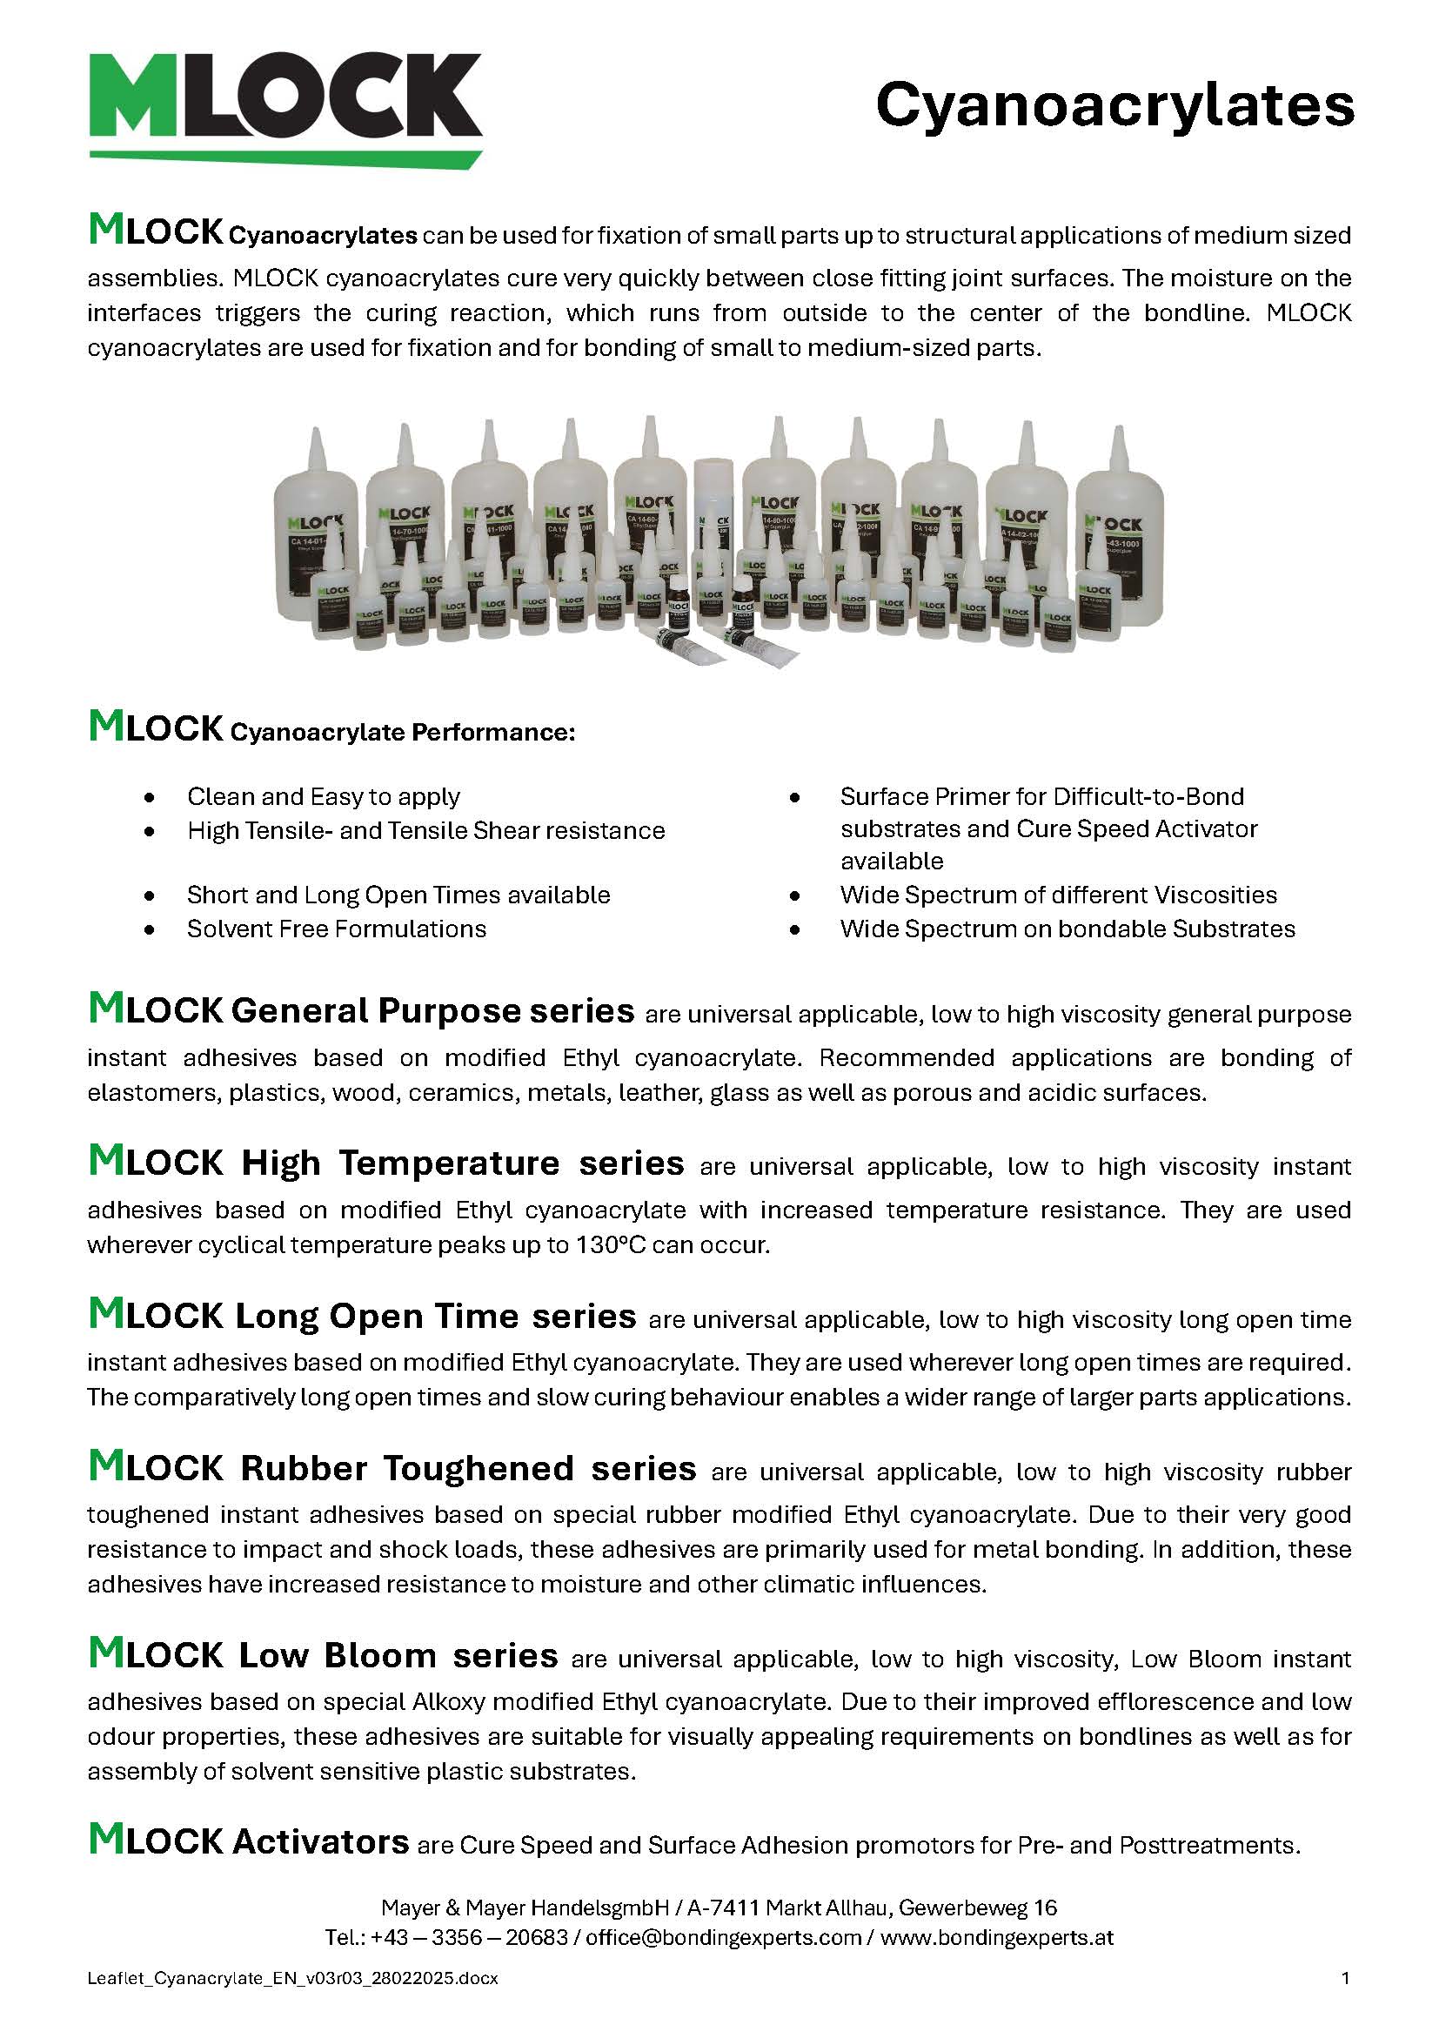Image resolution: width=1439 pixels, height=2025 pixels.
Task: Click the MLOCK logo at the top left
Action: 285,106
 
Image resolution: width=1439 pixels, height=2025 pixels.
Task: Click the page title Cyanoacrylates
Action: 1114,104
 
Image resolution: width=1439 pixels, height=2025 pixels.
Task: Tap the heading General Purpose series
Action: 432,1011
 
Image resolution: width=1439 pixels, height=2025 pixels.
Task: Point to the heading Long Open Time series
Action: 435,1316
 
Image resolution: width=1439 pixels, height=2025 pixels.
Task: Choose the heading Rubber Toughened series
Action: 468,1468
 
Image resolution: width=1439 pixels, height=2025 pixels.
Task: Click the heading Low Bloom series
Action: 398,1655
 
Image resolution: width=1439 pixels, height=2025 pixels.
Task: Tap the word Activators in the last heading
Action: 320,1841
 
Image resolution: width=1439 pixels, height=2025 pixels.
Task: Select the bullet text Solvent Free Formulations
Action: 337,929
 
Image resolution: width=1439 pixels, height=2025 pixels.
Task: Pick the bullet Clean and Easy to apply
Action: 324,796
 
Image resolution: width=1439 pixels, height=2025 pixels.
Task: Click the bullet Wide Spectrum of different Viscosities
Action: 1058,895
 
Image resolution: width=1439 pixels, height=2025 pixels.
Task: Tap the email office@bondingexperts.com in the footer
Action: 723,1937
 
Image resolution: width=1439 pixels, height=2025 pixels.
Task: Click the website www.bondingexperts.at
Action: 997,1937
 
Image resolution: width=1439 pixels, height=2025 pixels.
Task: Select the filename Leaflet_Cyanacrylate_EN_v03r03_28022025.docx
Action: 292,1978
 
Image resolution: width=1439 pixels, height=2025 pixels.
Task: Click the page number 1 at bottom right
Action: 1346,1978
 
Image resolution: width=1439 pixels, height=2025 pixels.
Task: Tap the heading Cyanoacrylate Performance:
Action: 402,733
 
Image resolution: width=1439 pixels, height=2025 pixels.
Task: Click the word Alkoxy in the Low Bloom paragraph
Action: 450,1701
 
